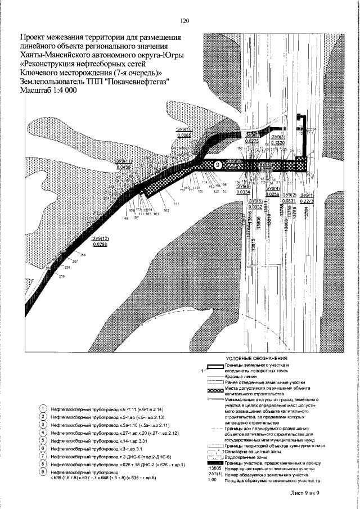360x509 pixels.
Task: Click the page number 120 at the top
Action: (x=184, y=21)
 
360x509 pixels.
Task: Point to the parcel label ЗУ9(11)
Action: (x=123, y=161)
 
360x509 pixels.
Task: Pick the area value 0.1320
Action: (x=278, y=143)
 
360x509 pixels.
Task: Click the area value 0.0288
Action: (x=100, y=245)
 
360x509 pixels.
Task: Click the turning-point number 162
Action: (x=166, y=210)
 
